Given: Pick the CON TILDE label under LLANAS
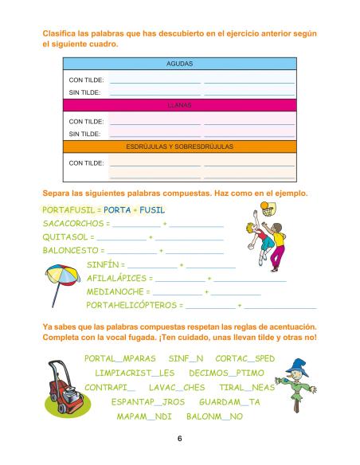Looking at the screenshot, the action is [x=86, y=121].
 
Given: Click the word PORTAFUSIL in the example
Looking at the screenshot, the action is [x=68, y=210].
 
